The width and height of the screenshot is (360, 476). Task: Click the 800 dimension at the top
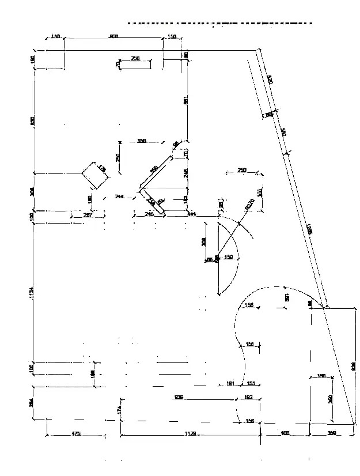(113, 36)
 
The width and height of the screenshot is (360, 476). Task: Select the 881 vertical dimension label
(185, 100)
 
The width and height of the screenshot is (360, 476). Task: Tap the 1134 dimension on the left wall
(32, 293)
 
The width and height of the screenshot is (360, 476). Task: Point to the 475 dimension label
(76, 433)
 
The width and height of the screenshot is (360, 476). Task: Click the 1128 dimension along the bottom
(190, 433)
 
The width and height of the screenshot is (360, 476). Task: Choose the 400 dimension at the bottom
(285, 433)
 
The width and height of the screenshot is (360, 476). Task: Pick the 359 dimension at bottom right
(332, 433)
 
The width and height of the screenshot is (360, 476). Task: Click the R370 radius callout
(249, 204)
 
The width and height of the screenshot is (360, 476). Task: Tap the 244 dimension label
(119, 197)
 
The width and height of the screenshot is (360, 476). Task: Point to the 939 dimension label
(179, 397)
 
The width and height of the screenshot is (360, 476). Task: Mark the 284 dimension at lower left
(32, 404)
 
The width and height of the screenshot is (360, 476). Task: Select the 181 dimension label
(230, 383)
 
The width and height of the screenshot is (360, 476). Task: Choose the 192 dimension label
(249, 397)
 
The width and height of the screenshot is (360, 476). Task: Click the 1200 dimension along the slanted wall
(309, 229)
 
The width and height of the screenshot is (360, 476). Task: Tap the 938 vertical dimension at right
(354, 365)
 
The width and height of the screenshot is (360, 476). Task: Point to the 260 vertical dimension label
(331, 399)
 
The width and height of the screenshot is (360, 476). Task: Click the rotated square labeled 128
(96, 175)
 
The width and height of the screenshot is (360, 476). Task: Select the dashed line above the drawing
(219, 24)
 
